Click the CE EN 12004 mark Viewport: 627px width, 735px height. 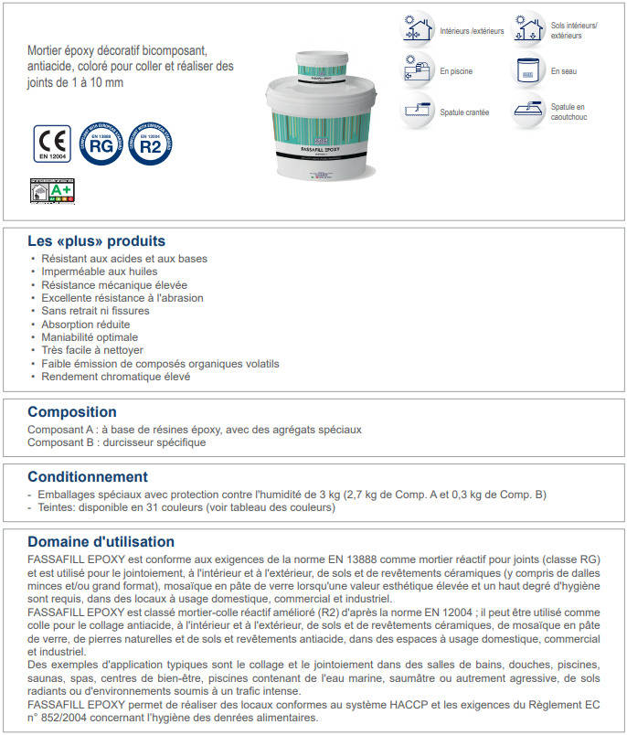point(52,144)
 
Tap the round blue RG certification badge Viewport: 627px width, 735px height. point(101,144)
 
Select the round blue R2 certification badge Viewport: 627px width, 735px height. point(151,144)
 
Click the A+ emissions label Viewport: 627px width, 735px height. point(52,190)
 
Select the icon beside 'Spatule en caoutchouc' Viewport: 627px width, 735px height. point(528,112)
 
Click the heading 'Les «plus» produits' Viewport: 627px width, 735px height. point(96,241)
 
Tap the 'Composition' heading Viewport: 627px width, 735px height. point(72,412)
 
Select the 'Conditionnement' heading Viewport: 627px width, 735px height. point(88,477)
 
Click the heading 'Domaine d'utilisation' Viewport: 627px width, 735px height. point(101,542)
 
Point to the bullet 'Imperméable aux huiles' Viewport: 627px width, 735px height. point(99,272)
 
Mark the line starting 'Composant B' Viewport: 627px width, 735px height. point(117,442)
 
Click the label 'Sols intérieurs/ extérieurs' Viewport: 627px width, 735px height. point(574,30)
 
